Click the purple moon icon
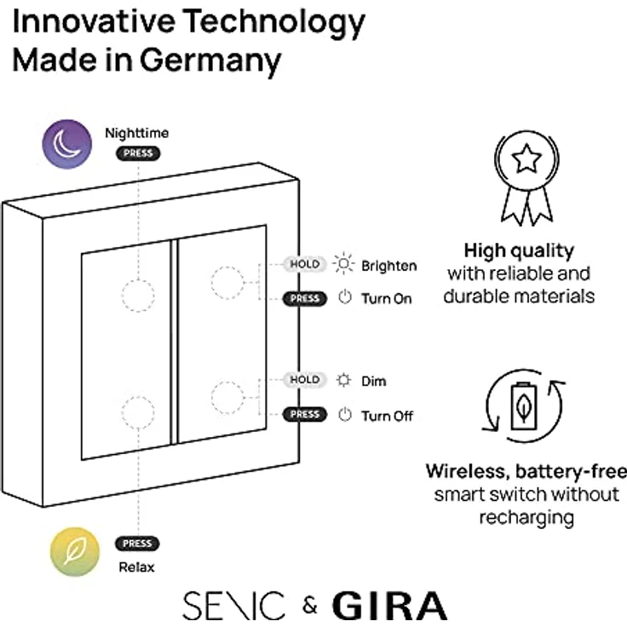pyautogui.click(x=67, y=144)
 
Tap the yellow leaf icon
pyautogui.click(x=75, y=552)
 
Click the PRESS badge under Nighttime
pyautogui.click(x=138, y=153)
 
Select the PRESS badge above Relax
pyautogui.click(x=137, y=544)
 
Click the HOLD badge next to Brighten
pyautogui.click(x=305, y=264)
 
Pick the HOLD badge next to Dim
pyautogui.click(x=305, y=379)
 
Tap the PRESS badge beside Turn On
pyautogui.click(x=305, y=299)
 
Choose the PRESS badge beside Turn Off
pyautogui.click(x=305, y=414)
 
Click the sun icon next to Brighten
pyautogui.click(x=343, y=263)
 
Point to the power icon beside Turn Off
pyautogui.click(x=345, y=415)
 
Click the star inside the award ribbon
pyautogui.click(x=526, y=158)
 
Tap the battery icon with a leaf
pyautogui.click(x=524, y=406)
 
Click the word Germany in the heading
pyautogui.click(x=210, y=62)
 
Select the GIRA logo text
pyautogui.click(x=390, y=606)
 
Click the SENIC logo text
pyautogui.click(x=233, y=606)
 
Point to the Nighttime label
pyautogui.click(x=137, y=133)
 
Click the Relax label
pyautogui.click(x=137, y=567)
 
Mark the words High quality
pyautogui.click(x=519, y=251)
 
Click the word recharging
pyautogui.click(x=526, y=518)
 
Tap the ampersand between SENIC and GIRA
pyautogui.click(x=310, y=606)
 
